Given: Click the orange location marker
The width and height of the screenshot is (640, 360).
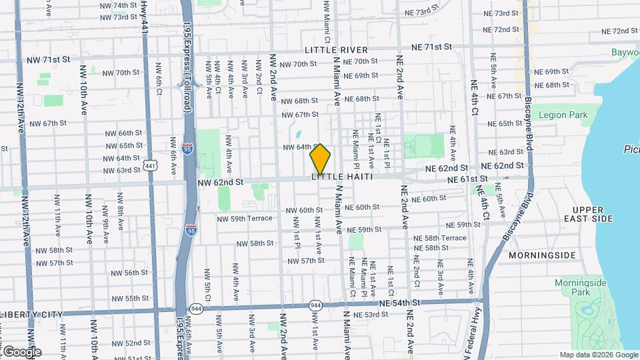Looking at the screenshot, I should click(320, 159).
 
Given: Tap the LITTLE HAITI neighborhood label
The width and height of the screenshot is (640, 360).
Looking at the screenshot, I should click(341, 177).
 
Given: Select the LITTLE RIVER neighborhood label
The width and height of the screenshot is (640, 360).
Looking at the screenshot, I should click(336, 50).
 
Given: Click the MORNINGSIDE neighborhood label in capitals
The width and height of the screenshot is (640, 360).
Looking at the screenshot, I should click(542, 255).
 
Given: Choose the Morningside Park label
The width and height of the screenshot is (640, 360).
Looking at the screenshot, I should click(581, 287).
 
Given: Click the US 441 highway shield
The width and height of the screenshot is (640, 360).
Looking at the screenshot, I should click(150, 164).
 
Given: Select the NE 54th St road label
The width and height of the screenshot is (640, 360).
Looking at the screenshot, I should click(400, 303).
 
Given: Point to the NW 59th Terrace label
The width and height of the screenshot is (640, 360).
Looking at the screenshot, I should click(245, 218).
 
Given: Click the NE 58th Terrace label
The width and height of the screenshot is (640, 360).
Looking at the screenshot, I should click(440, 238).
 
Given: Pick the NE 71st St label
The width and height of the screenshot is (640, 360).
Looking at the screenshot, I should click(431, 47).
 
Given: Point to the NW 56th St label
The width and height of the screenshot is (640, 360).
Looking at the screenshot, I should click(126, 273).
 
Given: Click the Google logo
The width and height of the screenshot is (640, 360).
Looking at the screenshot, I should click(21, 351).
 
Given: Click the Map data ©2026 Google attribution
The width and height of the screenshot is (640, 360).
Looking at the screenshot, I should click(598, 355).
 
